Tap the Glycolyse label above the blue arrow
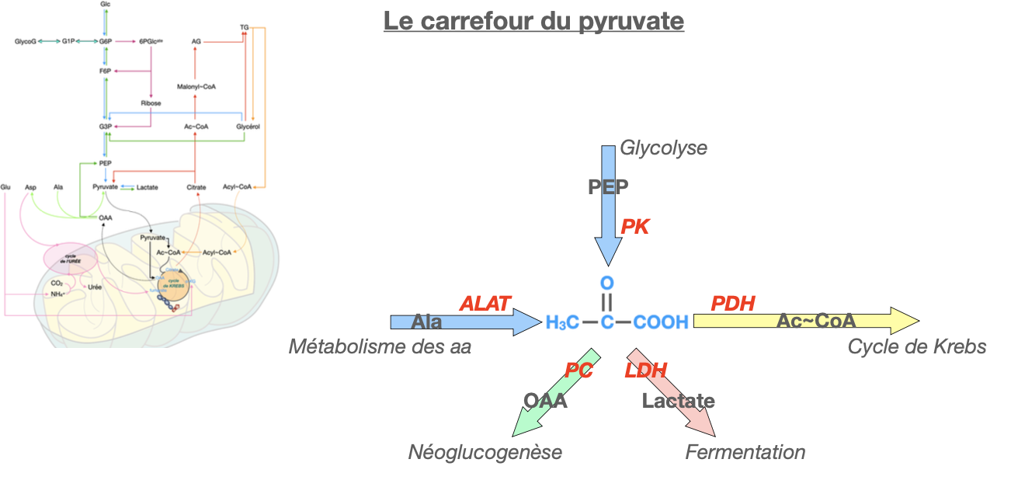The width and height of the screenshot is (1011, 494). tap(663, 148)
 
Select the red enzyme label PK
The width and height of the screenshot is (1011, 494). tap(634, 226)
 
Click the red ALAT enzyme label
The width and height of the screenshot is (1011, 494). tap(486, 304)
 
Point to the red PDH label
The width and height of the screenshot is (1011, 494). tap(733, 304)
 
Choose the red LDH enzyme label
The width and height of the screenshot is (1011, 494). tap(645, 371)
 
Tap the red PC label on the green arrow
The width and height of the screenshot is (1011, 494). tap(579, 371)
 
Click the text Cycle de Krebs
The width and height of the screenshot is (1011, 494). tap(917, 346)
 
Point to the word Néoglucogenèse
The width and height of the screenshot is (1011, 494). tap(485, 452)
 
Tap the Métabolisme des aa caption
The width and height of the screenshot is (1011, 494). tap(380, 346)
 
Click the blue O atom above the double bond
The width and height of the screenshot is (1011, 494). tap(607, 282)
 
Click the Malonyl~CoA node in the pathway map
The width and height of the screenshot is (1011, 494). tap(196, 87)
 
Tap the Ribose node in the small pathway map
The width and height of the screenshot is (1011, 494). tap(151, 103)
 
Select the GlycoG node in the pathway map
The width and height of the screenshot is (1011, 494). tap(26, 41)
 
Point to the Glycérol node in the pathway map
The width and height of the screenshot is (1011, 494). tap(247, 125)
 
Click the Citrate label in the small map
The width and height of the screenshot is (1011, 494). tap(196, 187)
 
